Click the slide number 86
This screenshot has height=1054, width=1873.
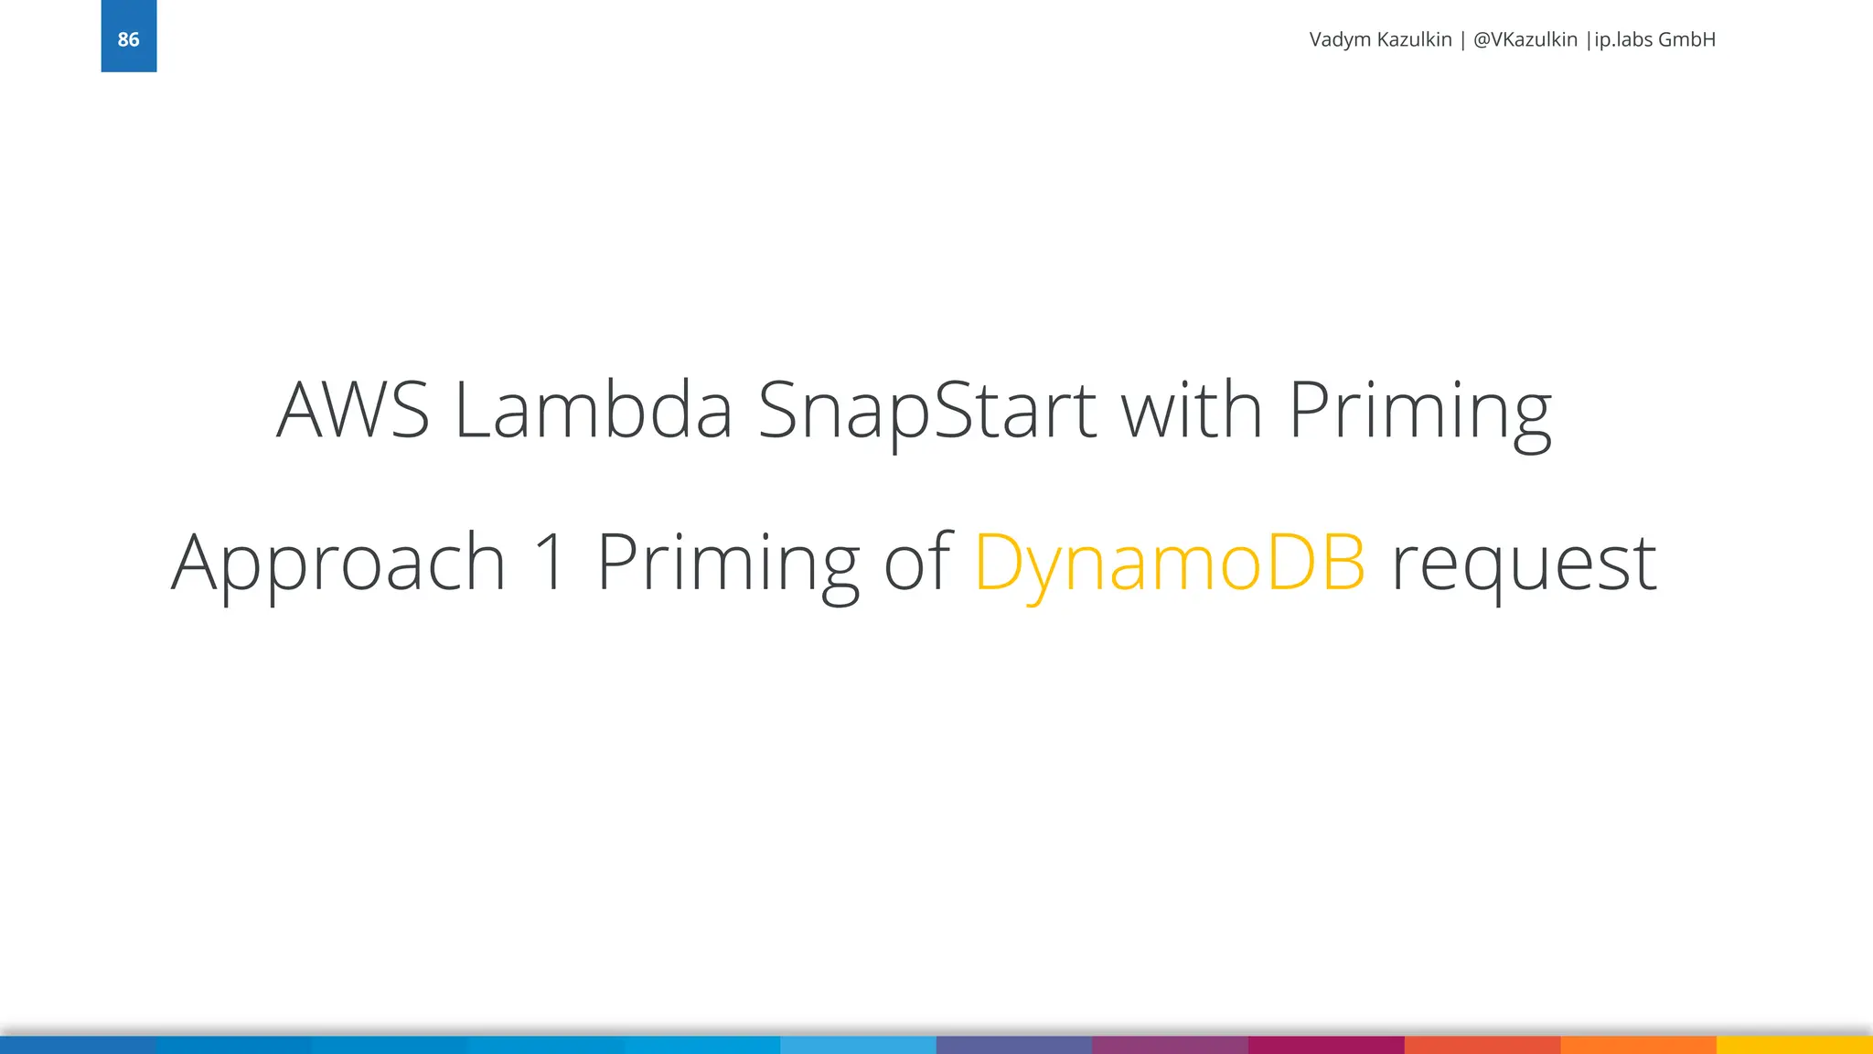pos(128,39)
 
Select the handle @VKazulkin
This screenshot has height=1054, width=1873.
pos(1525,39)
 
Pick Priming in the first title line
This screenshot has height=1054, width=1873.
pos(1419,412)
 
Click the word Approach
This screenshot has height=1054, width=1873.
pos(338,563)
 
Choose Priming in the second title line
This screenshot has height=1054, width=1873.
pos(728,563)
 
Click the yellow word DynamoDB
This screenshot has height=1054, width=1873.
pos(1170,563)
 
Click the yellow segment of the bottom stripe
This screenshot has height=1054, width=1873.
pos(1794,1045)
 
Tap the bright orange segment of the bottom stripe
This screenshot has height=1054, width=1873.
pos(1638,1045)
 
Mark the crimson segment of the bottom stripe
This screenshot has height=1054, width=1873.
pos(1326,1045)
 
